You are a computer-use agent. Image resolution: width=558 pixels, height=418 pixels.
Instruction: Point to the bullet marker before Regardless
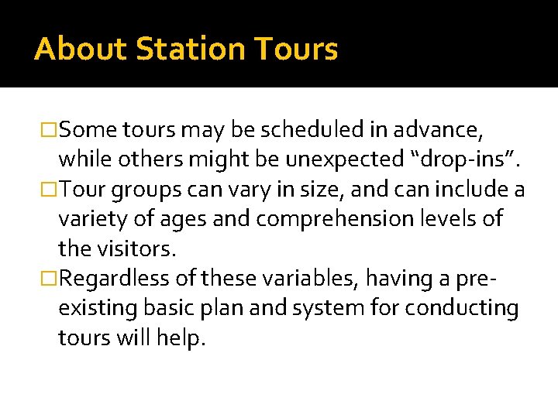click(x=50, y=279)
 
